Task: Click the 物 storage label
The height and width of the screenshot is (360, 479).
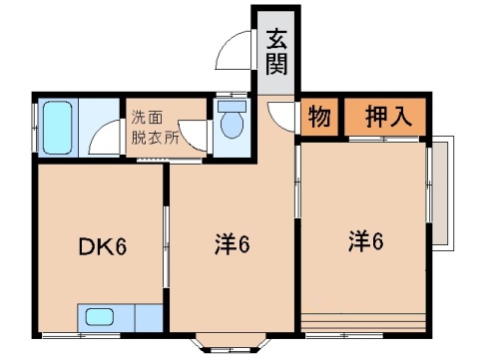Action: [x=318, y=116]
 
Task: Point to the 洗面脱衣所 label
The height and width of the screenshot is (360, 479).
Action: [x=155, y=128]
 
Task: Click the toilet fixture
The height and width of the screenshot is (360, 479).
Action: [x=233, y=123]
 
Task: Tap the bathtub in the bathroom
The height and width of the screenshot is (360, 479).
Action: [x=59, y=126]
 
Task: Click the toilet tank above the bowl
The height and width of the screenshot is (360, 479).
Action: [x=232, y=105]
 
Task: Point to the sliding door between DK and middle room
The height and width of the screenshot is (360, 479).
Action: [x=165, y=245]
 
